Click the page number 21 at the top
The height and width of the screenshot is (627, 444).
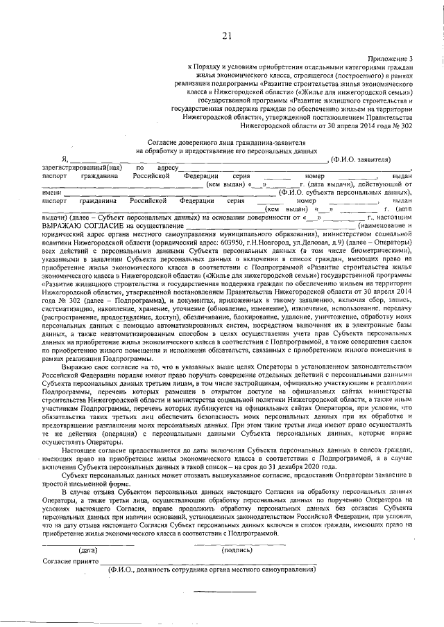coord(227,36)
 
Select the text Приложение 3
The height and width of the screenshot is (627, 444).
coord(392,59)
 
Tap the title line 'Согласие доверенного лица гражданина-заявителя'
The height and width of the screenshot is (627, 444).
coord(227,142)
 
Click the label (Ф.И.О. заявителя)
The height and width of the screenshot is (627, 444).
coord(365,159)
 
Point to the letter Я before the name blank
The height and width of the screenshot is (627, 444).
coord(64,159)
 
